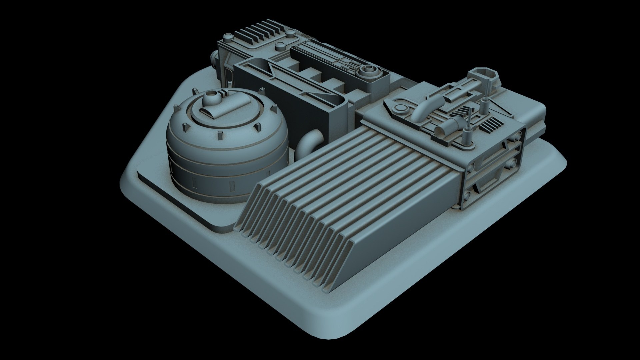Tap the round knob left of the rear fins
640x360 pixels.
[x=228, y=36]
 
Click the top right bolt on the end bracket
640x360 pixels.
[x=518, y=135]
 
